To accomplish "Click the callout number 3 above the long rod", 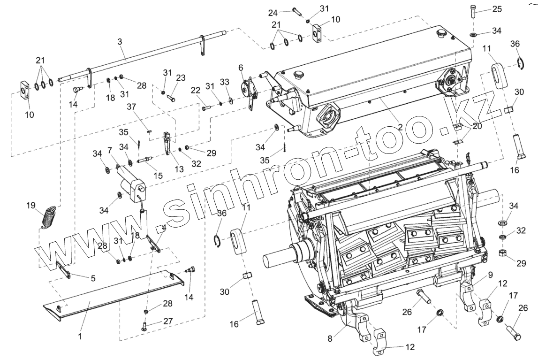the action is point(120,42).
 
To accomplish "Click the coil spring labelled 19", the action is point(49,217).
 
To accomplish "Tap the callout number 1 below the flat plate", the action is point(80,336).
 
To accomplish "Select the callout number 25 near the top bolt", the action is point(497,9).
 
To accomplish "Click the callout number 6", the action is point(241,68).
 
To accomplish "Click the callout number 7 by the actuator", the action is point(109,150).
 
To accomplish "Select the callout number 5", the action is point(93,278).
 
